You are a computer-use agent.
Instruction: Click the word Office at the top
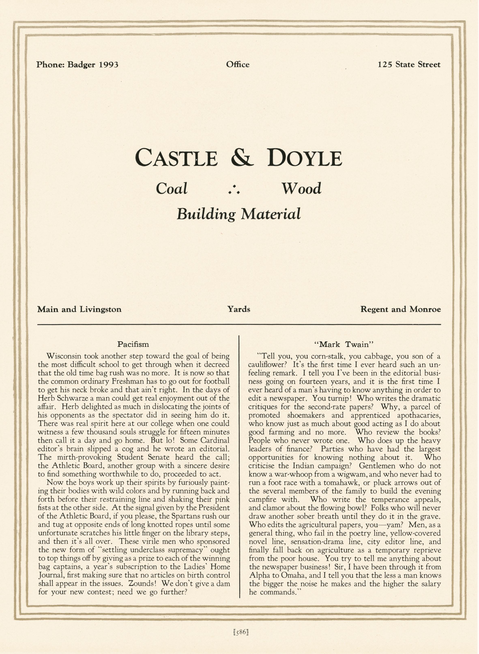pos(238,64)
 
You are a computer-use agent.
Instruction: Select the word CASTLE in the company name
pos(176,158)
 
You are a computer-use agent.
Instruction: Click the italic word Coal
pos(172,189)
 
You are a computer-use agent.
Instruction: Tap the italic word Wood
pos(302,189)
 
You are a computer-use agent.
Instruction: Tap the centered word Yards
pos(239,309)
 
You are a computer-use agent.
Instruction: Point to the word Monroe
pos(425,309)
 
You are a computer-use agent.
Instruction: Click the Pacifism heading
pos(133,344)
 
